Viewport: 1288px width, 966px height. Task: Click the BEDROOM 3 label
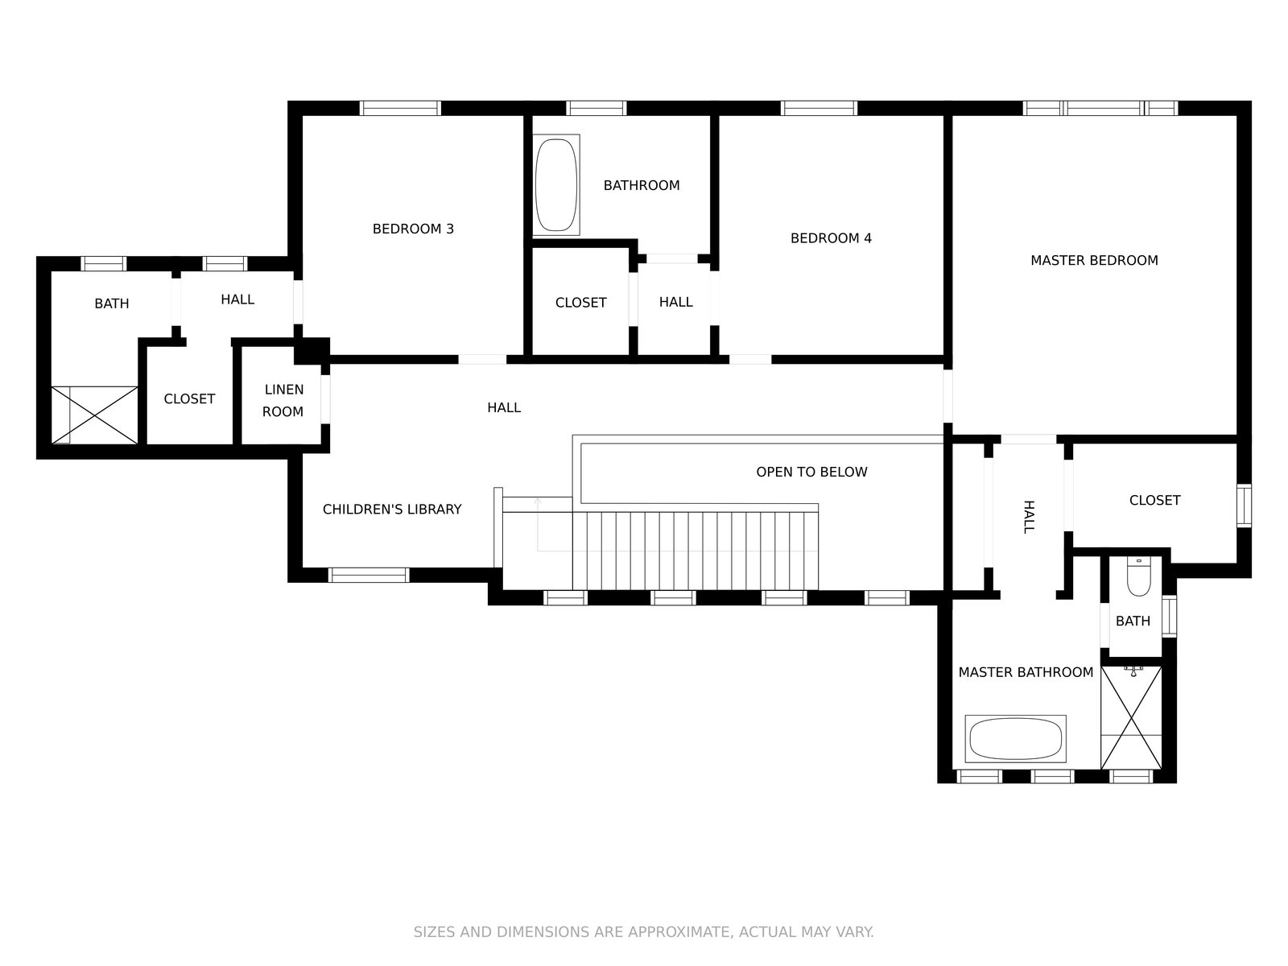413,229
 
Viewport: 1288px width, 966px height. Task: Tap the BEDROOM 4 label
831,238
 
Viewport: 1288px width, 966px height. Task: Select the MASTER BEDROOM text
1094,260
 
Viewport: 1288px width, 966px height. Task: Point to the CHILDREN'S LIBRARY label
392,509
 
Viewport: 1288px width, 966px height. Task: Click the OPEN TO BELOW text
811,472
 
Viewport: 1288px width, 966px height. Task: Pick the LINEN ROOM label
283,401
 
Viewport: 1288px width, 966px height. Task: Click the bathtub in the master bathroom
1015,738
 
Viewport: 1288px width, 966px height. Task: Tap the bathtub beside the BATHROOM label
556,185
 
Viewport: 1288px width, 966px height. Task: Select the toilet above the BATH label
1139,576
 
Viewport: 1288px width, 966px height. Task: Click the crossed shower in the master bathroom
1131,717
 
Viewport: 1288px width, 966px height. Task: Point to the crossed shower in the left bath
94,415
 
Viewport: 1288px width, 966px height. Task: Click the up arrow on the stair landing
538,524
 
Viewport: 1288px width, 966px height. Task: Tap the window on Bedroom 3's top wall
400,109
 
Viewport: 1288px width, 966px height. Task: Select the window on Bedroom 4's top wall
819,109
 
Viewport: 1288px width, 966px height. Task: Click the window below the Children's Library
369,575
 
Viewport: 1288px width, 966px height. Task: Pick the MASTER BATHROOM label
1026,672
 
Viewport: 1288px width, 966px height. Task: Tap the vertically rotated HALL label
1029,517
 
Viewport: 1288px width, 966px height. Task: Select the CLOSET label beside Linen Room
189,398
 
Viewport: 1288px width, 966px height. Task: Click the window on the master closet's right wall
1244,506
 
